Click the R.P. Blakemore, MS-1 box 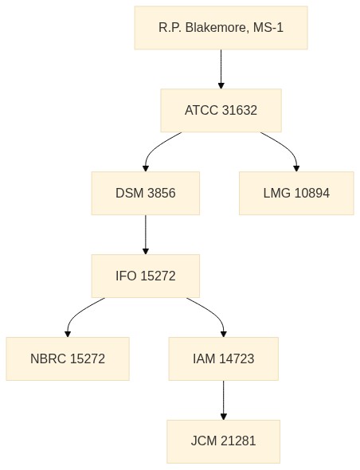221,28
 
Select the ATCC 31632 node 221,110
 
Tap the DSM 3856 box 146,193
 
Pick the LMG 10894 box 296,193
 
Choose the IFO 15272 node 146,276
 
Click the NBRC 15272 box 68,358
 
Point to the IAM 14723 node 224,358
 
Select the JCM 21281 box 224,441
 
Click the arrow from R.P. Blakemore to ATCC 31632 221,69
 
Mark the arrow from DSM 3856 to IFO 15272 146,234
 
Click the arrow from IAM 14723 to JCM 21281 224,400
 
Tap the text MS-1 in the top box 268,28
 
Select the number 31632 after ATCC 240,110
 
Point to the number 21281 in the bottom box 238,441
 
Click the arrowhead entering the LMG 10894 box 296,168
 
